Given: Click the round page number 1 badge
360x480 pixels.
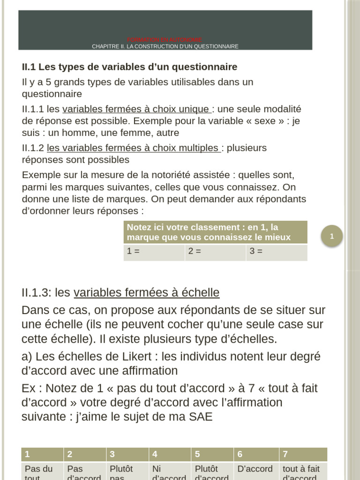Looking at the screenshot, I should pyautogui.click(x=332, y=237).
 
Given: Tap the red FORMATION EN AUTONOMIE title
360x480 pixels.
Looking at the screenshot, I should pyautogui.click(x=165, y=40).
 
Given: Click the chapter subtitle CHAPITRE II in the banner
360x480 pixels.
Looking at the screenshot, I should pyautogui.click(x=165, y=46).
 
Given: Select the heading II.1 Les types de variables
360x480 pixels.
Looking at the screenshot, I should pyautogui.click(x=129, y=67).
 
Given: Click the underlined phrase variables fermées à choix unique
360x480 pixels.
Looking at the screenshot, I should pyautogui.click(x=136, y=109).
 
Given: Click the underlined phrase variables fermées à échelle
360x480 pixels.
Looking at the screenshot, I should pyautogui.click(x=147, y=293).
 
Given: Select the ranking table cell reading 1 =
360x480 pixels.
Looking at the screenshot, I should pyautogui.click(x=154, y=252).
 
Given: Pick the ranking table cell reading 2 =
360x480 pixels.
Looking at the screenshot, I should pyautogui.click(x=215, y=252).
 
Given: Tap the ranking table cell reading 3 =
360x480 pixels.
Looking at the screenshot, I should pyautogui.click(x=276, y=252).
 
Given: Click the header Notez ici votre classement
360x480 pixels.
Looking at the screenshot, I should pyautogui.click(x=215, y=232).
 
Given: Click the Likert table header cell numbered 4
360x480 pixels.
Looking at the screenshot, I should pyautogui.click(x=170, y=454).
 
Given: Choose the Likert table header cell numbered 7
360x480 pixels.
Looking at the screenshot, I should pyautogui.click(x=303, y=454).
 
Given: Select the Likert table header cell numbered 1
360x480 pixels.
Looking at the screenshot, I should pyautogui.click(x=42, y=454).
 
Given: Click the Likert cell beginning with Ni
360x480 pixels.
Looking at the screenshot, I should pyautogui.click(x=170, y=472).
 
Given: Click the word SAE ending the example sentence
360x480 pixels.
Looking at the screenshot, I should pyautogui.click(x=201, y=416).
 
